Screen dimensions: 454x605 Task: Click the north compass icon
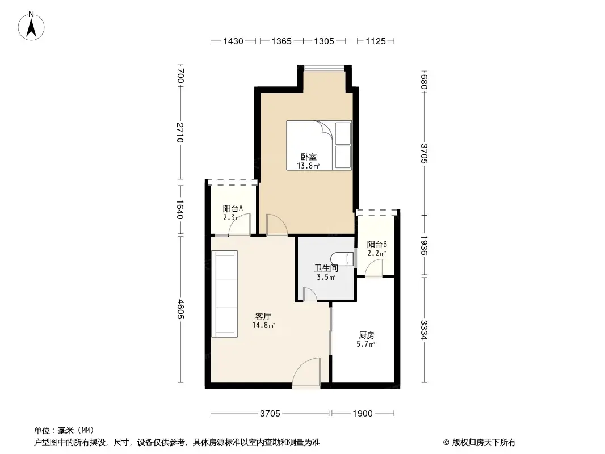pyautogui.click(x=32, y=26)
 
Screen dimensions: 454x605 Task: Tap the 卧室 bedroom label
pyautogui.click(x=309, y=157)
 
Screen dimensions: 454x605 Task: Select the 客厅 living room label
pyautogui.click(x=263, y=317)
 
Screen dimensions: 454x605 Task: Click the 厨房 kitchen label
pyautogui.click(x=367, y=335)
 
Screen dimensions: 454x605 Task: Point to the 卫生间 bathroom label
pyautogui.click(x=326, y=268)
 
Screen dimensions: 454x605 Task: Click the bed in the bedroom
pyautogui.click(x=319, y=144)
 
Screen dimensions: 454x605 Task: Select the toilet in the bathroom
pyautogui.click(x=343, y=258)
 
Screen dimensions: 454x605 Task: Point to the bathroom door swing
pyautogui.click(x=310, y=294)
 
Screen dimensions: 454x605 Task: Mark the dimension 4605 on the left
pyautogui.click(x=180, y=309)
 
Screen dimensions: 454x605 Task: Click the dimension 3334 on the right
pyautogui.click(x=424, y=330)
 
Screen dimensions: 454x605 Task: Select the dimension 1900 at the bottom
pyautogui.click(x=363, y=414)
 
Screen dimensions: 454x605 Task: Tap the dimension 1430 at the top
pyautogui.click(x=233, y=41)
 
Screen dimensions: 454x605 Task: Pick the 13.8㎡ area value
pyautogui.click(x=308, y=166)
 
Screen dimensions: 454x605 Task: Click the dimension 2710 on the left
pyautogui.click(x=180, y=132)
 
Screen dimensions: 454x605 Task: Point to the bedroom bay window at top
pyautogui.click(x=324, y=68)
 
